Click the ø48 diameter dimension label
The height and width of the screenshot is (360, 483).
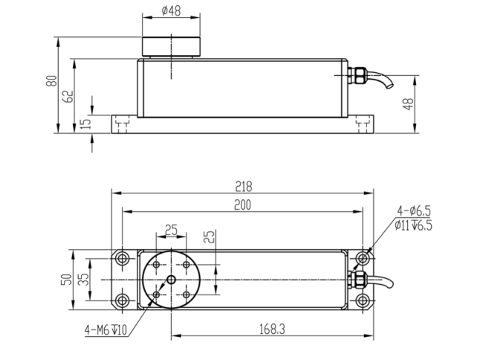(171, 11)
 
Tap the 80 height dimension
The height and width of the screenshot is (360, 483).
(51, 81)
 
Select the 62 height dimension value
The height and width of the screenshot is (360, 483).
(68, 96)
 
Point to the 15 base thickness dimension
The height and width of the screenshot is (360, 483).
(87, 123)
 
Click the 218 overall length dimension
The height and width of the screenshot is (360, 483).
(244, 187)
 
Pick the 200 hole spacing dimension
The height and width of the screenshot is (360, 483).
(242, 205)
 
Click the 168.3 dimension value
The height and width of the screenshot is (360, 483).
(272, 330)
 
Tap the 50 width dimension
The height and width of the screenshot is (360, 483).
(67, 280)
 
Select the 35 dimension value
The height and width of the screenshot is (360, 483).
(83, 279)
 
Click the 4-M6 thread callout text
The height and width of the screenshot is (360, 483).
(106, 330)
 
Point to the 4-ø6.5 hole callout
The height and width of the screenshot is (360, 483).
(414, 211)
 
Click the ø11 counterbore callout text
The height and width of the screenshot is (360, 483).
(414, 225)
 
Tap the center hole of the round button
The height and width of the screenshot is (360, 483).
(171, 280)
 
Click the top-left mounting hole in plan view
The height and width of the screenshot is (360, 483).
(123, 258)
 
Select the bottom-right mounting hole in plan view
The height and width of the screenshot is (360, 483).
(363, 300)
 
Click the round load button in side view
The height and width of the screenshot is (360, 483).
(171, 46)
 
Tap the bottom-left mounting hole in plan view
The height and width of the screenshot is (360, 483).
(123, 300)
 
